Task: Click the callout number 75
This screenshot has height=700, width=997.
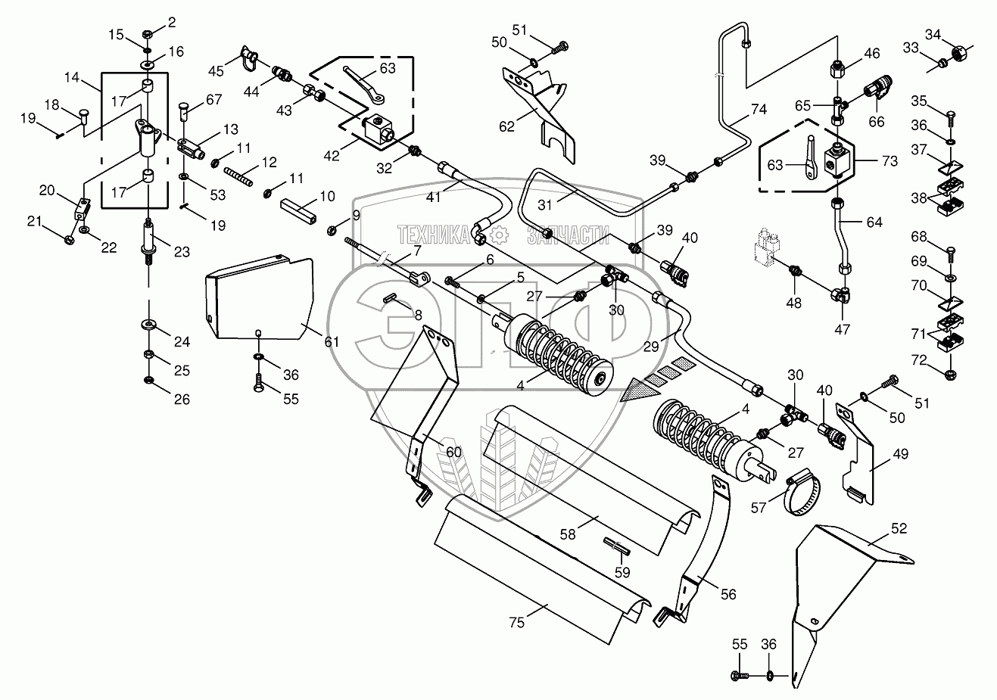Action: click(516, 623)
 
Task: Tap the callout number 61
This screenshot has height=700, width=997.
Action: click(332, 342)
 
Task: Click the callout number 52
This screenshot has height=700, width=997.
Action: click(899, 528)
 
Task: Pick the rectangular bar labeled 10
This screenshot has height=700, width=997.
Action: click(298, 210)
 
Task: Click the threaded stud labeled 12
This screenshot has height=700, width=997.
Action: click(238, 176)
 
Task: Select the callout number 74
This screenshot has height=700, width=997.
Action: click(759, 110)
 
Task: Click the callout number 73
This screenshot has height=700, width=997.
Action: click(890, 161)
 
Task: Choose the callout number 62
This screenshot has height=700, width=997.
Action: click(506, 127)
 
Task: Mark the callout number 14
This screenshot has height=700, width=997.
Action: click(72, 77)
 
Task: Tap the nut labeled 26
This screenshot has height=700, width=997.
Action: click(149, 380)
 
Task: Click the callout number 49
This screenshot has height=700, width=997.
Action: click(900, 454)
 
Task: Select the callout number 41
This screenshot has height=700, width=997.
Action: click(433, 196)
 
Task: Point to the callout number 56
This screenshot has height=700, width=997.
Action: click(728, 594)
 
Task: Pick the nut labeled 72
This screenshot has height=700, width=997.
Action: click(950, 375)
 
